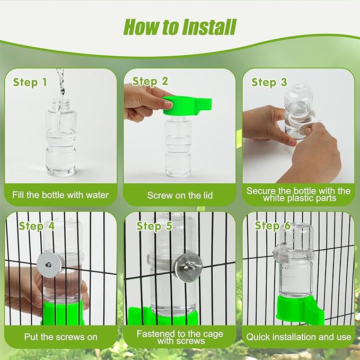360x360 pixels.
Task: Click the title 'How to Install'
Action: pos(179,26)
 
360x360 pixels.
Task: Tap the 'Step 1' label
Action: pos(30,82)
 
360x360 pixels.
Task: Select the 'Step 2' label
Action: pos(150,81)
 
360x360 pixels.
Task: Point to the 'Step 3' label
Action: pos(269,82)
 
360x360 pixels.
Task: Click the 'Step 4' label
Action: pos(37,226)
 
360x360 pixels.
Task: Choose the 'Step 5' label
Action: pos(154,226)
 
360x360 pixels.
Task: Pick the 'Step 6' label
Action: pos(273,225)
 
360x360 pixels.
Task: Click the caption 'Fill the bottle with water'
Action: pos(60,195)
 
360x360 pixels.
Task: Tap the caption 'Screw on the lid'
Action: pos(180,195)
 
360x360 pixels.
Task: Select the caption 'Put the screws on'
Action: pos(60,337)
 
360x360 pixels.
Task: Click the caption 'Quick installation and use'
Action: pos(298,337)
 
